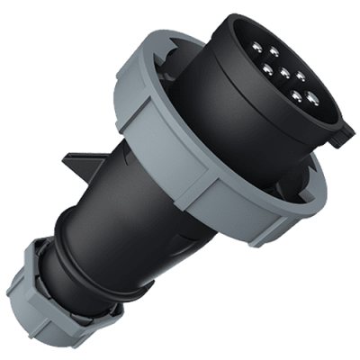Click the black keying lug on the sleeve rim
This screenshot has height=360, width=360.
pos(342,136)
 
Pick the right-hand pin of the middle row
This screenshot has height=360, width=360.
pos(301,76)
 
